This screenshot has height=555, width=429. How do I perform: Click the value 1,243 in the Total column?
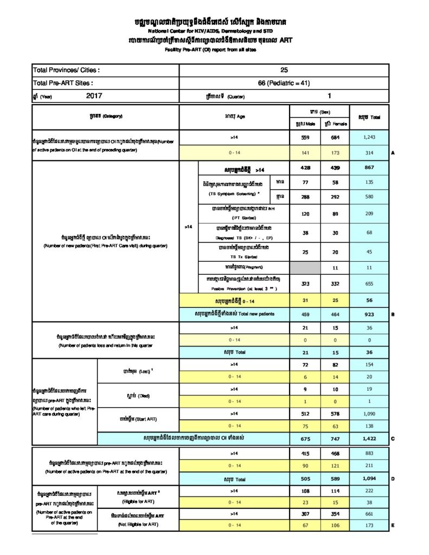[x=369, y=138]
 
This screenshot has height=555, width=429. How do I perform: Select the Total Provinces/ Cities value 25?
[x=284, y=70]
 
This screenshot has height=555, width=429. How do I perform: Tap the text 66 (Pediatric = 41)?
[x=284, y=83]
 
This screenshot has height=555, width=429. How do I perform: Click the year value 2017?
[x=94, y=95]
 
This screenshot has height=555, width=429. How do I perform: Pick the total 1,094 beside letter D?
[x=369, y=479]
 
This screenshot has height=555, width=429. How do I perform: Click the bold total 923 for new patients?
[x=369, y=314]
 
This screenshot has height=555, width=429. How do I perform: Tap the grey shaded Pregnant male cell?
[x=305, y=268]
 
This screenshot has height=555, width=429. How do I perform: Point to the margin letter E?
[x=393, y=525]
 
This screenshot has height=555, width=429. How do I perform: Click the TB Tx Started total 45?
[x=369, y=251]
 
